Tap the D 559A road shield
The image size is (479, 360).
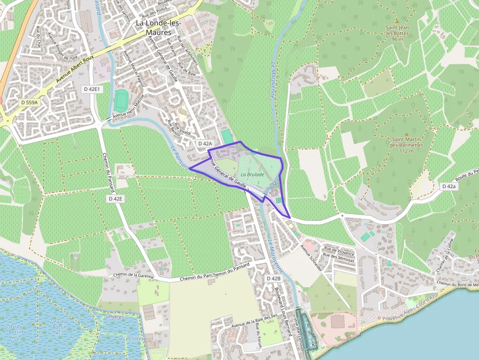point(29,103)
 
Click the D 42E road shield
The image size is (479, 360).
point(115,199)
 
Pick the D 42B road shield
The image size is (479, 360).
point(274,278)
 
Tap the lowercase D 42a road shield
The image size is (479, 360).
point(448,187)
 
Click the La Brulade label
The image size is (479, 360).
point(252,174)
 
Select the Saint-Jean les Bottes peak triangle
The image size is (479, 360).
point(397,21)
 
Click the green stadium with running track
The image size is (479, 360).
point(121,100)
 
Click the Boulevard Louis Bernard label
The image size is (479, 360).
point(282,303)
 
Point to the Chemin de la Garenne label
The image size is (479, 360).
point(133,275)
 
